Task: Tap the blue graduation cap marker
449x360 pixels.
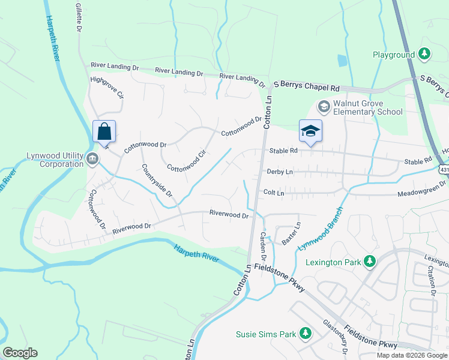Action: click(x=310, y=131)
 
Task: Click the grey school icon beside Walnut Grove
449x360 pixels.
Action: click(x=324, y=107)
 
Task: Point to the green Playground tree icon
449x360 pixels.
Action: click(x=425, y=55)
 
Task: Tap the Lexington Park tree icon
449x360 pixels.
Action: click(x=370, y=262)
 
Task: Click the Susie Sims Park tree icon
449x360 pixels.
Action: click(x=306, y=332)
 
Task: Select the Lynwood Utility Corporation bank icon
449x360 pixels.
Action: click(x=92, y=160)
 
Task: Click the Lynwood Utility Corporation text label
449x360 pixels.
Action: click(x=55, y=160)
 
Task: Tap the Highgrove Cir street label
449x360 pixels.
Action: click(x=106, y=87)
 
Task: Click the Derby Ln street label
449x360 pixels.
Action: click(x=279, y=172)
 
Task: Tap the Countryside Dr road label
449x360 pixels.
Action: click(x=157, y=181)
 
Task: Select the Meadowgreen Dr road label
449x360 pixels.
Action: click(x=422, y=193)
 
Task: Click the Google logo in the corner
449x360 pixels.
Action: click(x=20, y=353)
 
